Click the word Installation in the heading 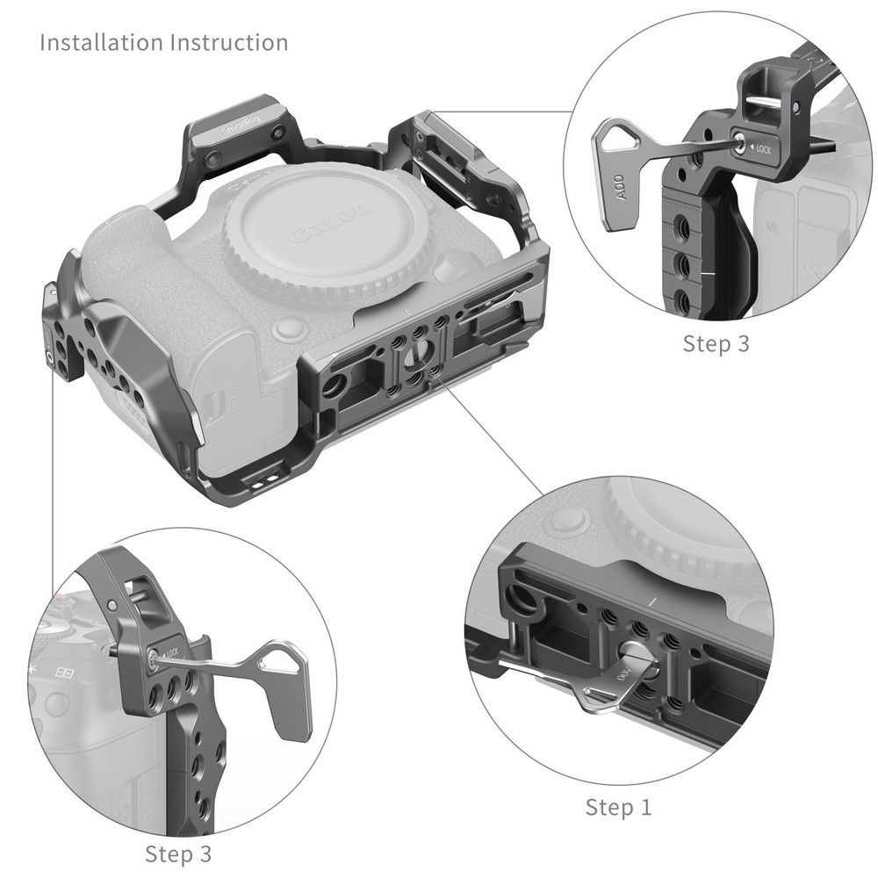(x=99, y=42)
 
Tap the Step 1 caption (x=618, y=807)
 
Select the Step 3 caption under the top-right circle (x=716, y=343)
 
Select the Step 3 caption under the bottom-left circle (x=177, y=853)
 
